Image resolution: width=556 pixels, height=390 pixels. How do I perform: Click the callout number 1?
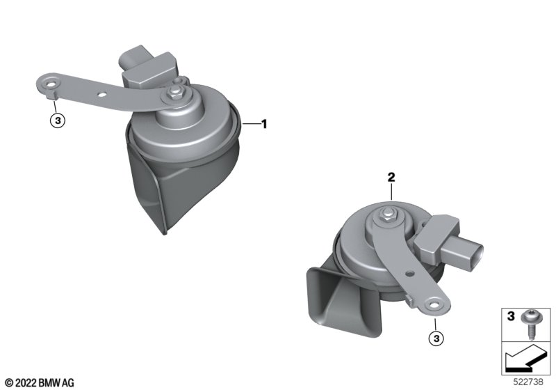(264, 124)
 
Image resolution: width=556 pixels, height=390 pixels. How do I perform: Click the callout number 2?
(391, 177)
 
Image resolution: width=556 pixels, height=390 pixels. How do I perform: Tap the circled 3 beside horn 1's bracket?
(58, 120)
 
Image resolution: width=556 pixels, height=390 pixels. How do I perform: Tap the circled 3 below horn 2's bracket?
(436, 338)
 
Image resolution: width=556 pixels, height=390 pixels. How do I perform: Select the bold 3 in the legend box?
(511, 315)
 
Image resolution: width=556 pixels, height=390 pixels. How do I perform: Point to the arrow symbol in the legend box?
(526, 359)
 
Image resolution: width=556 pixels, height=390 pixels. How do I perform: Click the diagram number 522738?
(528, 382)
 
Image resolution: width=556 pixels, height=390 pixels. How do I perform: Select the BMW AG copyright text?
(40, 383)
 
